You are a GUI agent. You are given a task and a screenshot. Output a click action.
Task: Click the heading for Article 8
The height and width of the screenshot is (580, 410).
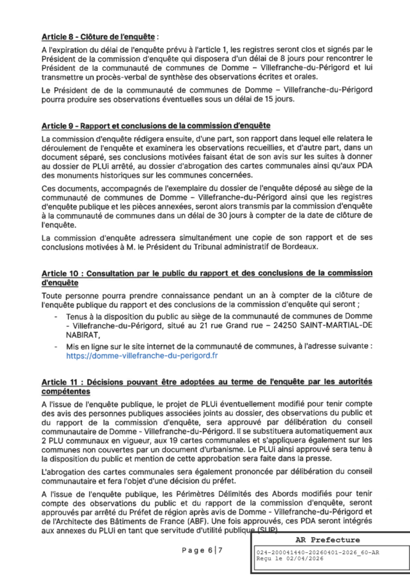pyautogui.click(x=99, y=36)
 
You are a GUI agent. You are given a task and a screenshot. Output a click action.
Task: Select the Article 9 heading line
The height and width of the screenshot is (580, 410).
pyautogui.click(x=146, y=124)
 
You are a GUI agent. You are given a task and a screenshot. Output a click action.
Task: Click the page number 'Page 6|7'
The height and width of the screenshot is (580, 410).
pyautogui.click(x=202, y=549)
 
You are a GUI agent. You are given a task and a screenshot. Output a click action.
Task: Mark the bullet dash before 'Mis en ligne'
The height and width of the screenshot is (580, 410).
pyautogui.click(x=58, y=345)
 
